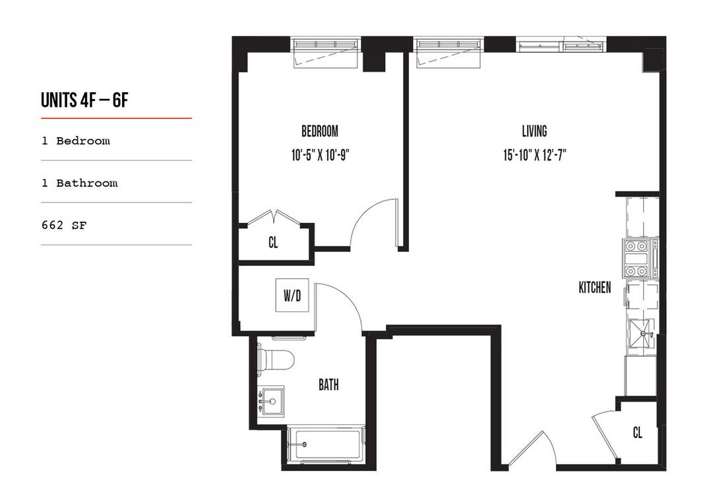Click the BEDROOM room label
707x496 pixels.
click(319, 131)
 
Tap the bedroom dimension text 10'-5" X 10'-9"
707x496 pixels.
click(319, 156)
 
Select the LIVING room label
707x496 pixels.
click(534, 131)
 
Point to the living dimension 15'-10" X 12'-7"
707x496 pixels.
click(534, 156)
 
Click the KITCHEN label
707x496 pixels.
click(594, 288)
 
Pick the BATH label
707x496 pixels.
click(328, 385)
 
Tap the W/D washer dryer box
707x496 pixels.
click(292, 296)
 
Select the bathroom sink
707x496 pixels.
click(270, 400)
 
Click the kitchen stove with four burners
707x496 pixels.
click(639, 258)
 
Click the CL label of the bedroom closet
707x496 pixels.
click(273, 243)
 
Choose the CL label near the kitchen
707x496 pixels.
click(637, 433)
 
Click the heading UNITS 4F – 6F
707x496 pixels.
click(84, 100)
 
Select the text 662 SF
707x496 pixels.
click(64, 225)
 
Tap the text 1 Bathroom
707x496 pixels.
click(79, 183)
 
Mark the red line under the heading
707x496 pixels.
click(116, 118)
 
